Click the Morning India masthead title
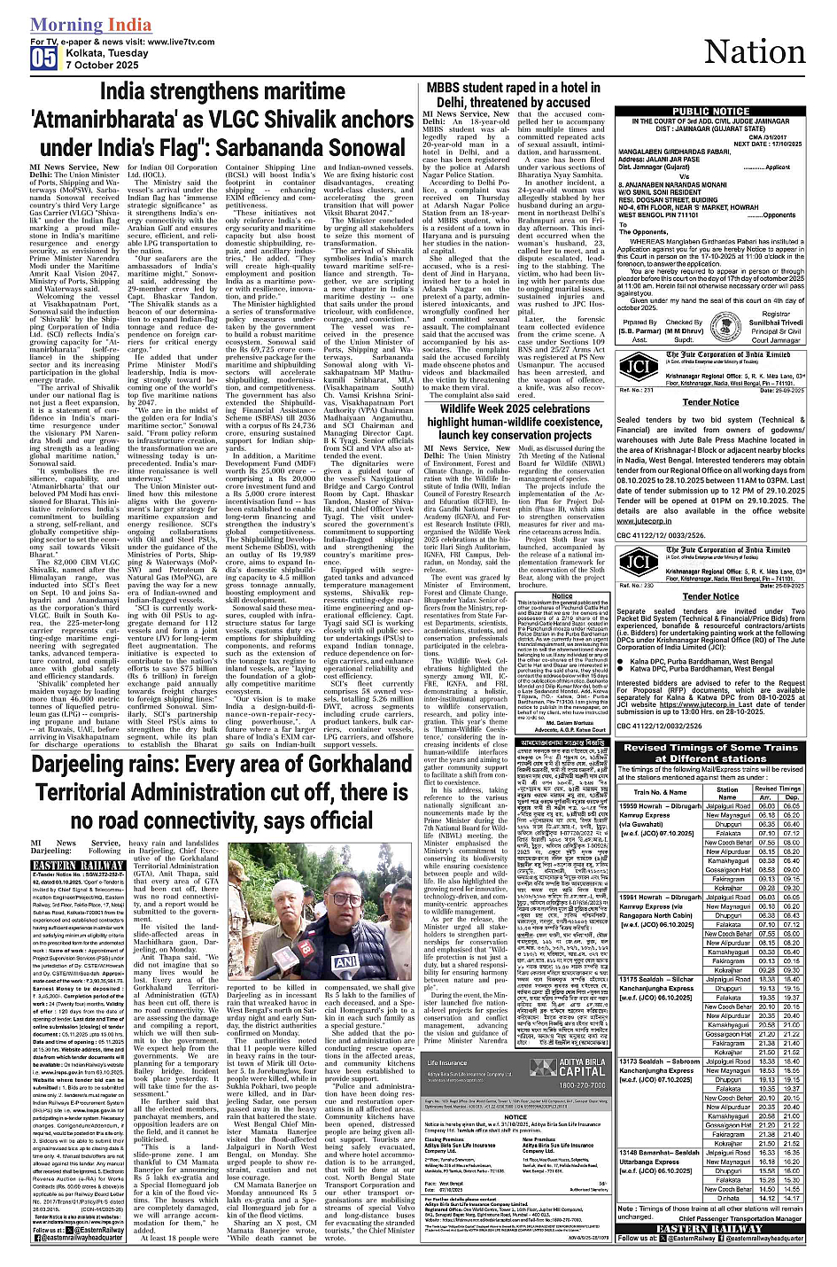pyautogui.click(x=90, y=25)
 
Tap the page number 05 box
pyautogui.click(x=43, y=58)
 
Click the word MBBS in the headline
pyautogui.click(x=448, y=87)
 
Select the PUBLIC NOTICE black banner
pyautogui.click(x=710, y=112)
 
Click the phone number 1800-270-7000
pyautogui.click(x=570, y=1084)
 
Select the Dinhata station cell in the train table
pyautogui.click(x=728, y=1197)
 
